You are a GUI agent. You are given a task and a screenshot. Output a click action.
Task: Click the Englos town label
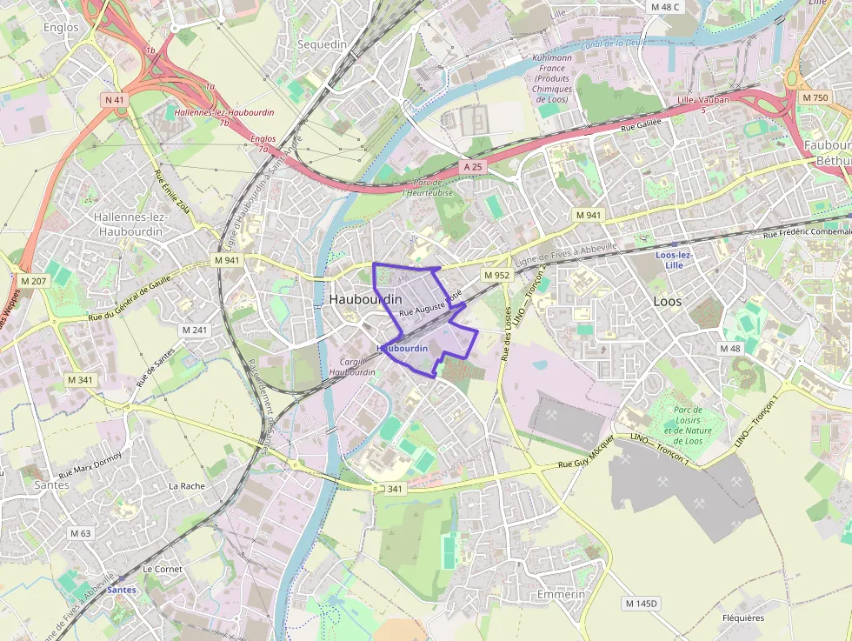61,27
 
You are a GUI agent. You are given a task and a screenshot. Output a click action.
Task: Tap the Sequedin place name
322,43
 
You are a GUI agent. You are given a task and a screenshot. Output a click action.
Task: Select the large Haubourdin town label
365,299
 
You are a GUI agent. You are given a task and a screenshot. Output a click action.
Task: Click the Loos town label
668,301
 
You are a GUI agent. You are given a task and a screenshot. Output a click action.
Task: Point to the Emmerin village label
561,594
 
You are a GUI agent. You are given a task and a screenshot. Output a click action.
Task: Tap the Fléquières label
743,618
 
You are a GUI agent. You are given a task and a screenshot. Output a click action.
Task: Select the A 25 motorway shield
472,165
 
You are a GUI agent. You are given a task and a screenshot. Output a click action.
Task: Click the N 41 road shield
115,100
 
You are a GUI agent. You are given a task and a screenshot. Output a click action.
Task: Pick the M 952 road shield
496,275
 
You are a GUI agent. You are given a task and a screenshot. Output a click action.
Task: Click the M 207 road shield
33,281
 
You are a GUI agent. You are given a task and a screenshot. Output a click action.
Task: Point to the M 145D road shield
642,603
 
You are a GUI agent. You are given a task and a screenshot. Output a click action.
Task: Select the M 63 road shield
80,533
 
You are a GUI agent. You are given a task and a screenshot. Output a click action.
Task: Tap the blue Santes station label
121,590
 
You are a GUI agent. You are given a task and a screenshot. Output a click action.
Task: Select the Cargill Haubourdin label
352,366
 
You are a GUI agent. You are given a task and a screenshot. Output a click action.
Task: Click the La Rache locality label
186,485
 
